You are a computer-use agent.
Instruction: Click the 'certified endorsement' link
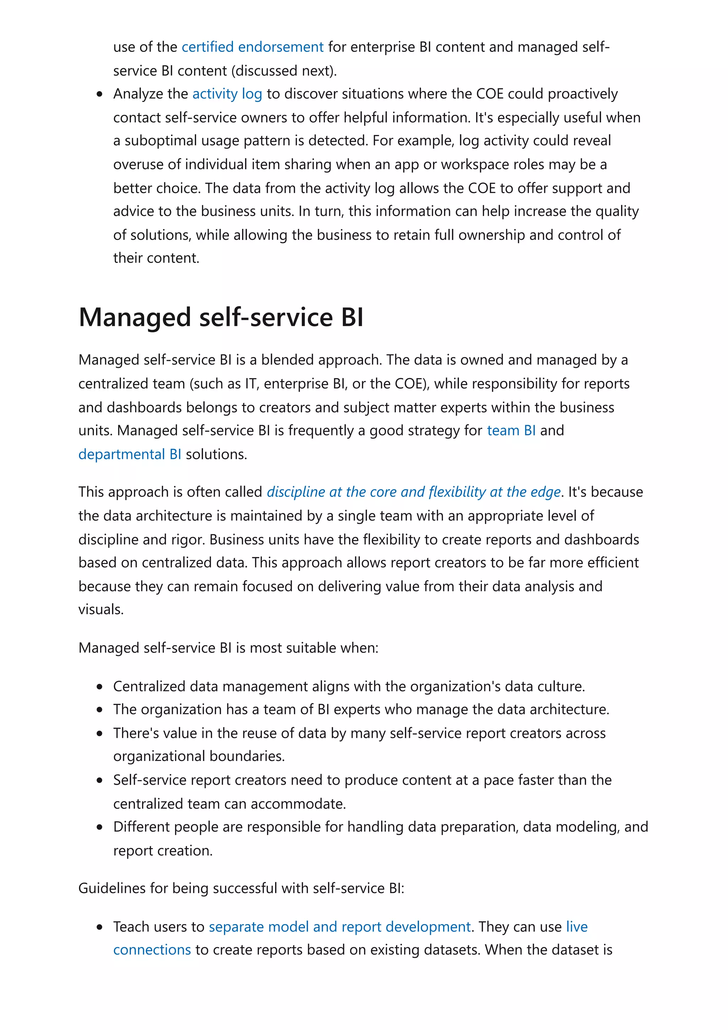tap(252, 47)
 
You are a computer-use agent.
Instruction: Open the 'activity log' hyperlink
tap(227, 94)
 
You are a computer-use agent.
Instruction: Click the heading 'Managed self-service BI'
tap(221, 317)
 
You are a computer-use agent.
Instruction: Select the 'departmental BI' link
tap(130, 455)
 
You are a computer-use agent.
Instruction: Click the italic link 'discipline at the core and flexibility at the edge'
tap(413, 492)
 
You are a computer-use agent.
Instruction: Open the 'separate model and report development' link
tap(339, 926)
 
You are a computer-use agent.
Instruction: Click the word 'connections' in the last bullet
tap(152, 950)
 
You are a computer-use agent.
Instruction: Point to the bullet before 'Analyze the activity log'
tap(100, 95)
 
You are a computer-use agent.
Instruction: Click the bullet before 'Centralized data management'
tap(100, 687)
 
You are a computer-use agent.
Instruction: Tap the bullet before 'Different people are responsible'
tap(100, 827)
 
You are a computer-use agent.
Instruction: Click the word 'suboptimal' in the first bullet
tap(161, 141)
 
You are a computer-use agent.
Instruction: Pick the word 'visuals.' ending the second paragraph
tap(101, 610)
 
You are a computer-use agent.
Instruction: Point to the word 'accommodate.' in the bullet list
tap(298, 804)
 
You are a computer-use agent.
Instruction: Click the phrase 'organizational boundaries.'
tap(199, 756)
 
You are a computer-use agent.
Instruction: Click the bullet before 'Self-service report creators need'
tap(100, 780)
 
